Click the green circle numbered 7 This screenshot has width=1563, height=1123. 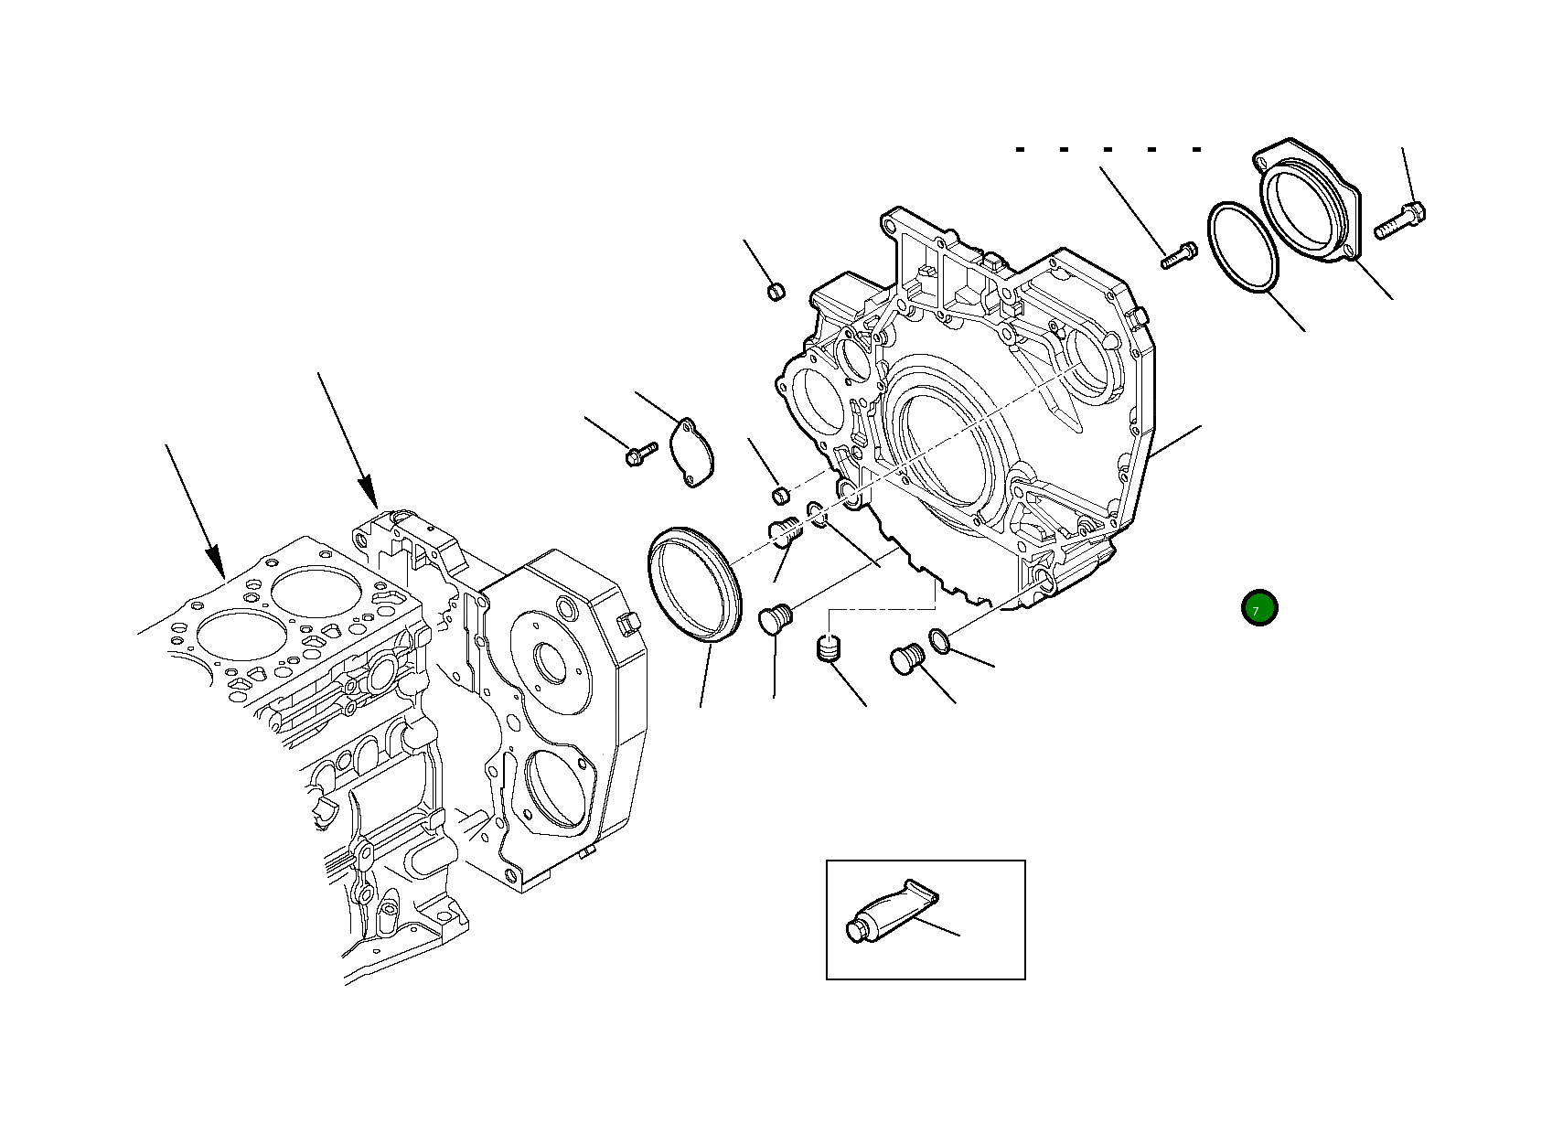point(1259,608)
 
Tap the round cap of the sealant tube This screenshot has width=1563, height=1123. point(855,932)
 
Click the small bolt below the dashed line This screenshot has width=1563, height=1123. point(1178,254)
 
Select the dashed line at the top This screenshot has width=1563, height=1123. point(1108,149)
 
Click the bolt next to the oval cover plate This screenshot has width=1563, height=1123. point(641,452)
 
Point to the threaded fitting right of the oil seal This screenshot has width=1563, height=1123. point(785,530)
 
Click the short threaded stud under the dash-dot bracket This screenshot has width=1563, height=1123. point(830,650)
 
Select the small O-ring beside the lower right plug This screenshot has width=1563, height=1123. point(941,642)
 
